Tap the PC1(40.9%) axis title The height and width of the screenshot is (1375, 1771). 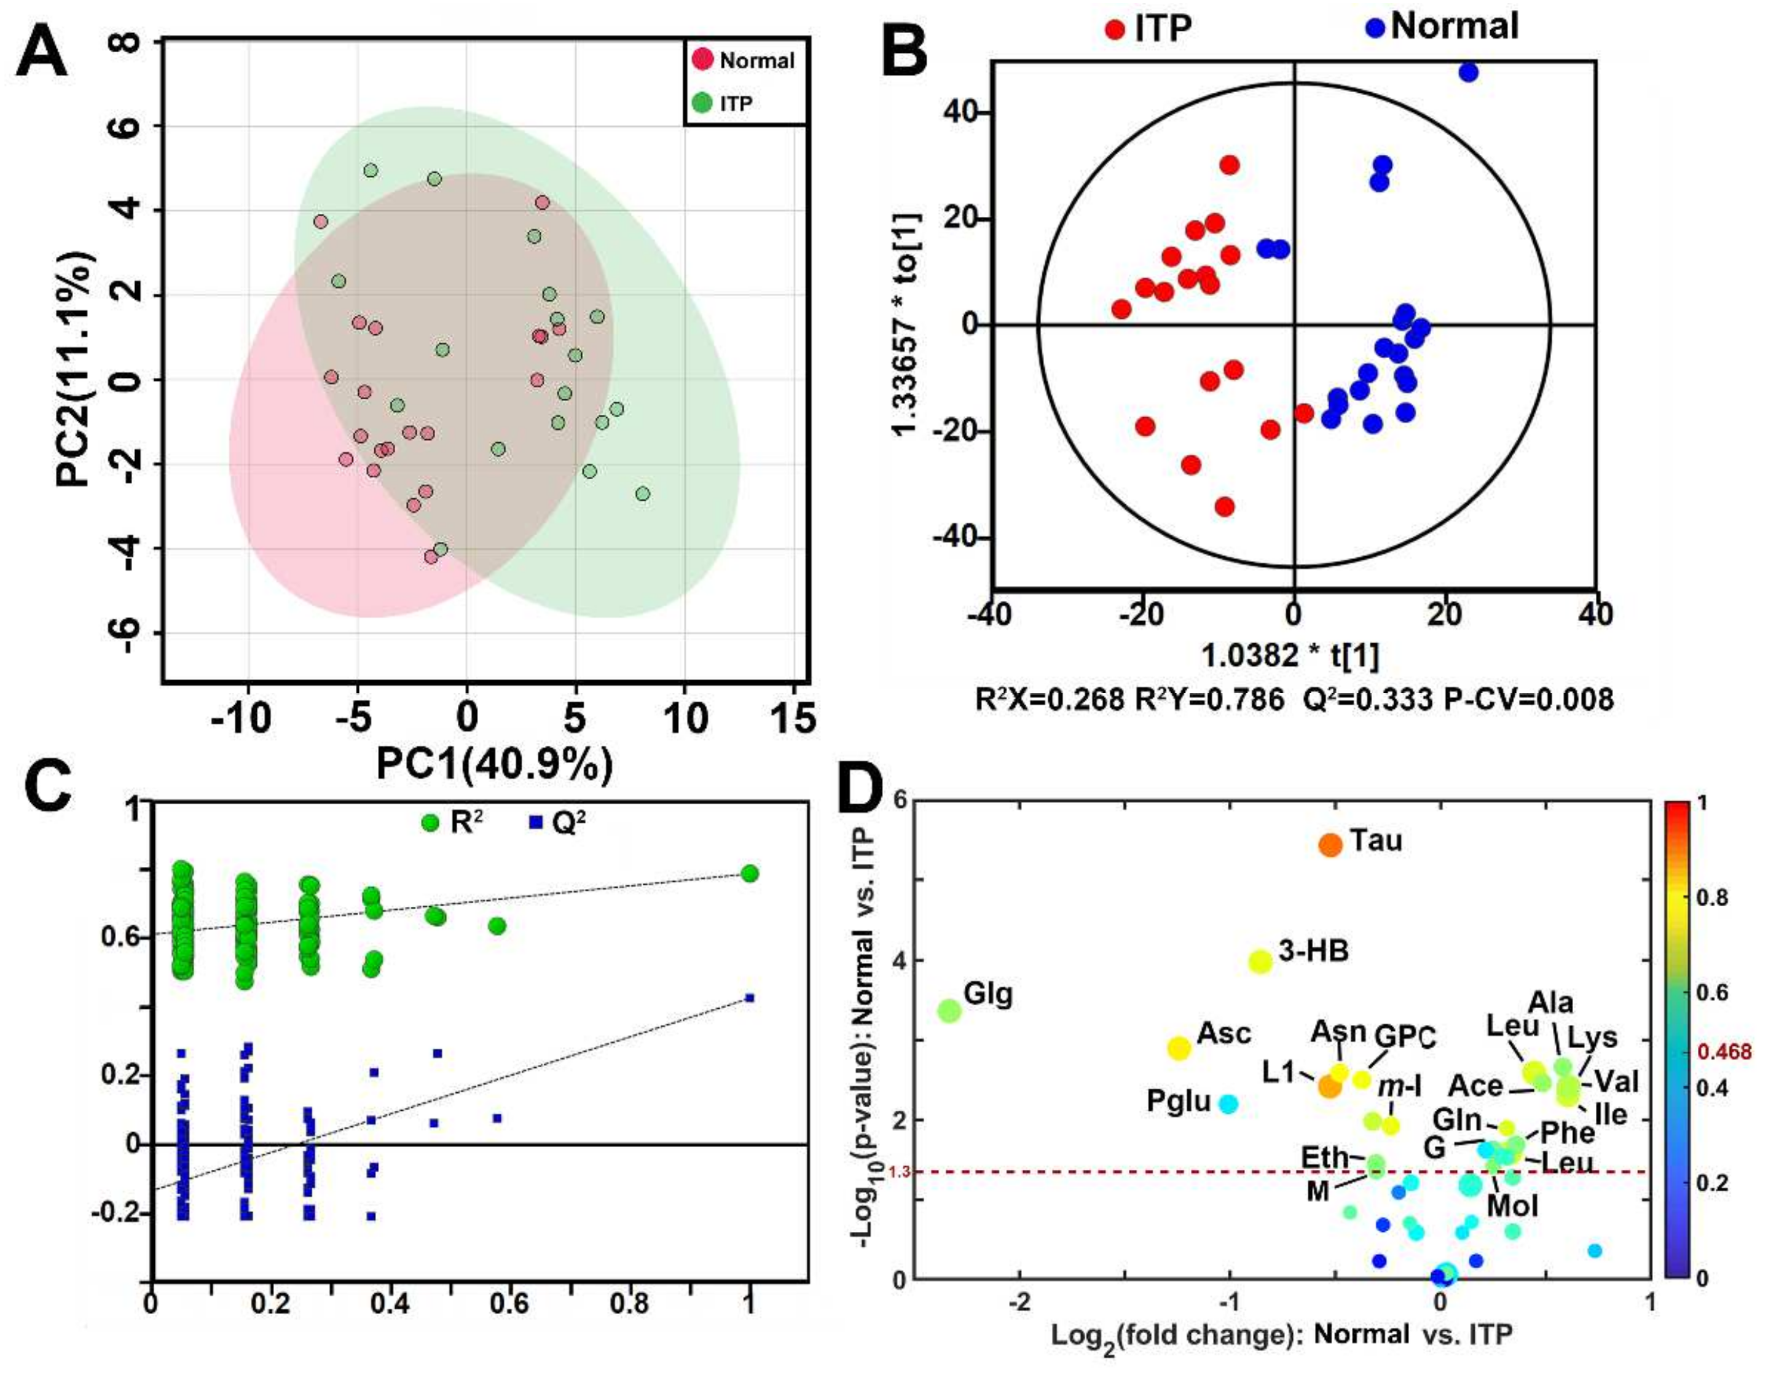494,764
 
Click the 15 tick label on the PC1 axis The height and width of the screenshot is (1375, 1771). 792,718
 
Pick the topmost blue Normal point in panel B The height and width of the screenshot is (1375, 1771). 1467,72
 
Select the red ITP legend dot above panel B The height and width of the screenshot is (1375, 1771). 1115,30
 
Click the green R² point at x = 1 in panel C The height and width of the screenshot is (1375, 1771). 749,873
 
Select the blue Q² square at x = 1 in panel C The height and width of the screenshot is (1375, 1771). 749,997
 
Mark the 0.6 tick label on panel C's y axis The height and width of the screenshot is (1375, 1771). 119,938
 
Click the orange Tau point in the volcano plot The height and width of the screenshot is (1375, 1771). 1330,845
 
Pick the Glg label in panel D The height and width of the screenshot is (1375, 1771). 988,995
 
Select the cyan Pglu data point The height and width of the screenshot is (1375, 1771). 1228,1103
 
